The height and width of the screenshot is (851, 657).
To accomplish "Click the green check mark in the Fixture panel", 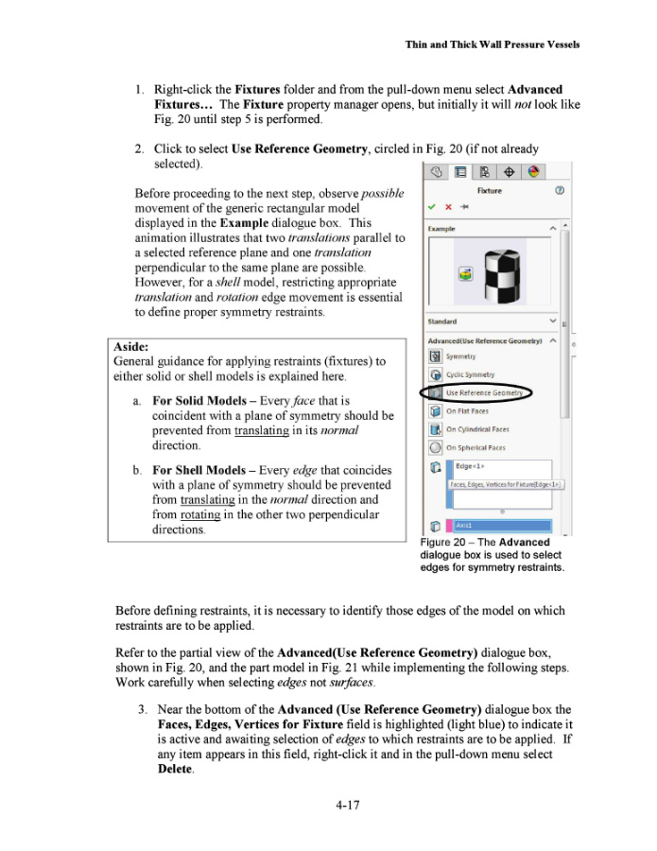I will coord(432,205).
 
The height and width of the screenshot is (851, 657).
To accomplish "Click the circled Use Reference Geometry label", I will coord(484,392).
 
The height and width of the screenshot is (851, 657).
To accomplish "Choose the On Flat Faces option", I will coord(467,411).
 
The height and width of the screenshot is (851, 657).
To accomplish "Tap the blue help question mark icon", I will coord(560,190).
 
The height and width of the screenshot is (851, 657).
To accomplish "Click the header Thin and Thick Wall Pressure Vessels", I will coord(492,44).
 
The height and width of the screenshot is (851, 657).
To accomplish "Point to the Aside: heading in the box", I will coord(130,347).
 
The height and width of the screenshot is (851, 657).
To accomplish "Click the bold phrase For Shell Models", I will coord(202,469).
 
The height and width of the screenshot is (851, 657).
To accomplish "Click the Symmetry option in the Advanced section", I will coord(460,356).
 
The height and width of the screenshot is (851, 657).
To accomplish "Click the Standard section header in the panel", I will coord(442,321).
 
